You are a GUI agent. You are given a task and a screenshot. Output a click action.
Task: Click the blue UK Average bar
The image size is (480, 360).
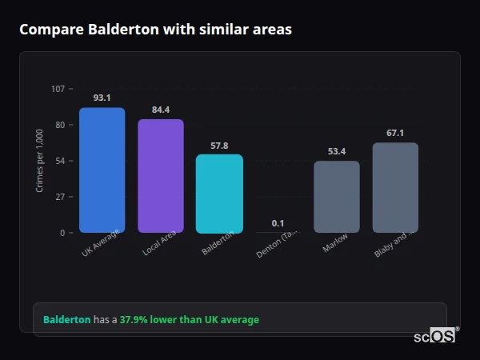[x=102, y=170]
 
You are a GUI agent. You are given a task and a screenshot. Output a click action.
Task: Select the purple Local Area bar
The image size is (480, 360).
[x=161, y=176]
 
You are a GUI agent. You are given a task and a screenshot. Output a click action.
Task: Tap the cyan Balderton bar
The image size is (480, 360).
[x=219, y=194]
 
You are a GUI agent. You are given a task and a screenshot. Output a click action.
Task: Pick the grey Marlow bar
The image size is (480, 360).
[x=337, y=197]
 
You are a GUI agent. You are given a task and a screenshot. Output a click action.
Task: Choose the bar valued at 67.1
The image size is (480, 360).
[x=395, y=188]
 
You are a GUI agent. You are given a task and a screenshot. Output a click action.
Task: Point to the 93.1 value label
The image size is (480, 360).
[x=102, y=98]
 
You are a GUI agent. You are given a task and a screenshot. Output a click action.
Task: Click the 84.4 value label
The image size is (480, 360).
[x=161, y=110]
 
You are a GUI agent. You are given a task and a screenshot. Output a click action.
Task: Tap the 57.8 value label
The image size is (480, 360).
[x=219, y=146]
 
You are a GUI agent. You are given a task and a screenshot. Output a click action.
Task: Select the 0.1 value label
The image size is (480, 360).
[x=278, y=223]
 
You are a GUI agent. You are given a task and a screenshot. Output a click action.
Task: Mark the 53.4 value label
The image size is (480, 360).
[x=337, y=151]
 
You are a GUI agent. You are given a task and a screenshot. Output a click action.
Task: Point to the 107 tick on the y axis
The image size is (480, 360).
[x=58, y=89]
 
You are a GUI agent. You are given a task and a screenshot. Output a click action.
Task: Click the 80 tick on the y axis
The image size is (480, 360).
[x=59, y=125]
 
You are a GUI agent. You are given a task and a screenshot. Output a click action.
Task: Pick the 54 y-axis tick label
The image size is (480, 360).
[x=59, y=161]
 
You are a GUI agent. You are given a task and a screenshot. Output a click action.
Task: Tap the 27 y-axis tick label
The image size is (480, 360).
[x=59, y=197]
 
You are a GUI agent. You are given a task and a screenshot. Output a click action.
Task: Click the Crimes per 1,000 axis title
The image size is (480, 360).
[x=40, y=160]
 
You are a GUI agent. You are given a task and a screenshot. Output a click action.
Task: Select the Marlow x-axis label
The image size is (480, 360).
[x=335, y=243]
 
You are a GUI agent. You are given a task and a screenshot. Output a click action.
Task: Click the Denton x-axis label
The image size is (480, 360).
[x=277, y=245]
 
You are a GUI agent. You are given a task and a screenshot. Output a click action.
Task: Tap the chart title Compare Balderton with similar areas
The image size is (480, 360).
[x=155, y=30]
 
